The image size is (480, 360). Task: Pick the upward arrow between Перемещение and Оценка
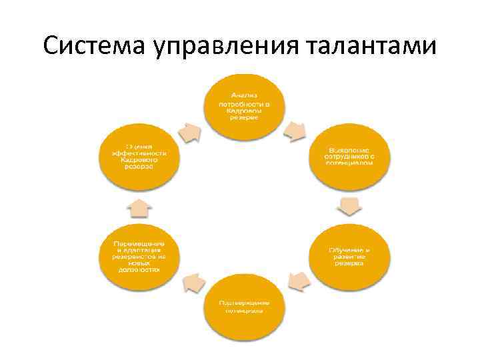click(139, 207)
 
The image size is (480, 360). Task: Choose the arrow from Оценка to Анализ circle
click(189, 131)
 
